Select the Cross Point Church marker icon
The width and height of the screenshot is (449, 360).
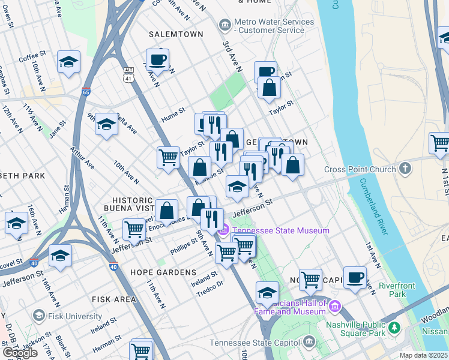pyautogui.click(x=406, y=168)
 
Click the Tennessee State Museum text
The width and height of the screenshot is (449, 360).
pyautogui.click(x=280, y=230)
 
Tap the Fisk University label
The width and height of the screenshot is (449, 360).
pyautogui.click(x=76, y=316)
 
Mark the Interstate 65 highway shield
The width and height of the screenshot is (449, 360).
pyautogui.click(x=86, y=92)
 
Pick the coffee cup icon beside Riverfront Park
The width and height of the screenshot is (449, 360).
pyautogui.click(x=355, y=277)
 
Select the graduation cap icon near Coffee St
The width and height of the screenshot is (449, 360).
pyautogui.click(x=69, y=61)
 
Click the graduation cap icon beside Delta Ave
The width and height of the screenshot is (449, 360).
pyautogui.click(x=106, y=124)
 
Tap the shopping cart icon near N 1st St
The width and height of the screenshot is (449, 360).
pyautogui.click(x=440, y=143)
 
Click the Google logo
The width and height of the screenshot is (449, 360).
pyautogui.click(x=20, y=352)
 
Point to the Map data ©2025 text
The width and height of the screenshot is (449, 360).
pyautogui.click(x=423, y=355)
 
